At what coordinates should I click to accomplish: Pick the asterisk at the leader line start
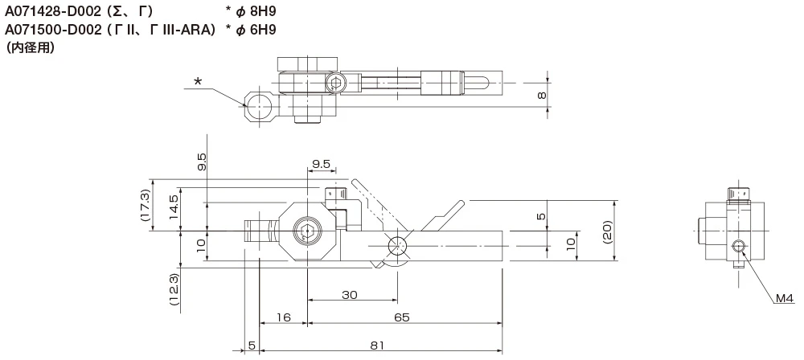click(199, 80)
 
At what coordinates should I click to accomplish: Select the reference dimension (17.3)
click(145, 206)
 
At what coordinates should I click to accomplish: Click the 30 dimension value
click(348, 295)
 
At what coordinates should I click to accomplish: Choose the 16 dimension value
click(282, 318)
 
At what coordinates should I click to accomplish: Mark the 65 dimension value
click(402, 318)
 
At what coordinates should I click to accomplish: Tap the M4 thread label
click(785, 299)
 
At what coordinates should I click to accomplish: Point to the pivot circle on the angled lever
click(396, 245)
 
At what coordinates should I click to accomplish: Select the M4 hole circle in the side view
click(740, 245)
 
